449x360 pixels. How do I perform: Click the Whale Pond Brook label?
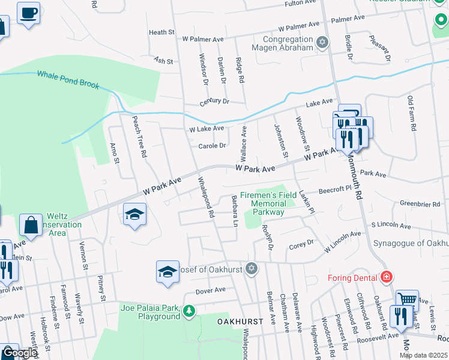click(x=68, y=80)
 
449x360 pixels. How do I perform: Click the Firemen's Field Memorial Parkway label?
click(x=268, y=203)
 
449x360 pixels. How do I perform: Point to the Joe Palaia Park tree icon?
click(x=189, y=310)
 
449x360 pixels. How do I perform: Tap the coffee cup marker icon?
click(x=28, y=12)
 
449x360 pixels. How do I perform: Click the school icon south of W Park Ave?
click(x=134, y=213)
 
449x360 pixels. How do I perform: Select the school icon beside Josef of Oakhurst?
click(x=167, y=272)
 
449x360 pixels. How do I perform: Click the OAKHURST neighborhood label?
click(x=240, y=322)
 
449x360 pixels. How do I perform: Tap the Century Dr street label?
click(x=214, y=101)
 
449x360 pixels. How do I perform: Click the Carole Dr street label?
click(x=212, y=146)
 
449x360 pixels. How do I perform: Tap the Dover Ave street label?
click(x=211, y=289)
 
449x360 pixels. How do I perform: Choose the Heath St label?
click(x=161, y=32)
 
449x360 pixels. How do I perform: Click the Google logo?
click(x=19, y=353)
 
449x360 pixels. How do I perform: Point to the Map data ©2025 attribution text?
click(x=423, y=355)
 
